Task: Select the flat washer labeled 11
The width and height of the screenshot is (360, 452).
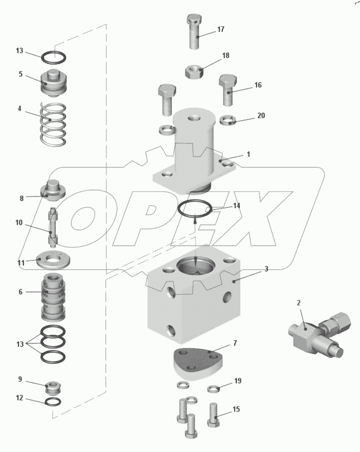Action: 53,259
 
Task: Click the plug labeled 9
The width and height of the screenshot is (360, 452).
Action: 53,387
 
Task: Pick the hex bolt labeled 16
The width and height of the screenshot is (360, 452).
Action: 228,90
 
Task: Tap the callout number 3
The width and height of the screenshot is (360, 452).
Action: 266,269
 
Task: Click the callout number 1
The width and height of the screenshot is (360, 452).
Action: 249,155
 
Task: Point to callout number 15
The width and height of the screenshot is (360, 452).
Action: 236,409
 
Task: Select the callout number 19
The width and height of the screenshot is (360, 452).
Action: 237,381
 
